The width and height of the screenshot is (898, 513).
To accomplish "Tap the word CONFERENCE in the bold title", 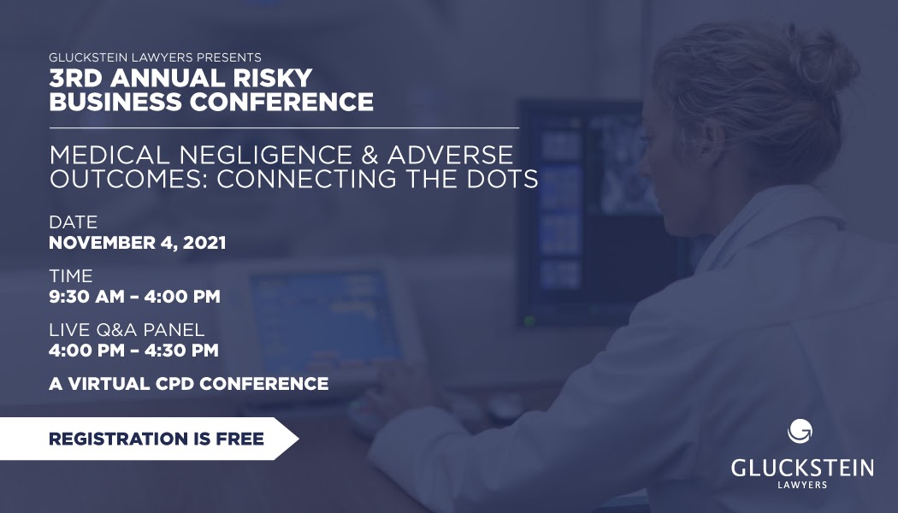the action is point(281,102).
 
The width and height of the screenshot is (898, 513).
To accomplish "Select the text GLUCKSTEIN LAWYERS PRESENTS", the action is point(155,57).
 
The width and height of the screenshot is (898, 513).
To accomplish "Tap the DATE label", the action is point(74,221).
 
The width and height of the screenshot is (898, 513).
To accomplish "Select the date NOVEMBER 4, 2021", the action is point(138,243).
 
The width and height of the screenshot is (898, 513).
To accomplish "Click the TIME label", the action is point(71,275).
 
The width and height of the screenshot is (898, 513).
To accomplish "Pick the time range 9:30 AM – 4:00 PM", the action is point(134,297).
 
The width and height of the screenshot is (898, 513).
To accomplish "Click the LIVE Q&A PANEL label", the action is point(127,330).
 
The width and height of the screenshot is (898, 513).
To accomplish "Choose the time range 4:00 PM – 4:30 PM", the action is point(134,351).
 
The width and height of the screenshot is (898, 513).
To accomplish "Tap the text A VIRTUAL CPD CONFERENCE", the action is point(189,384).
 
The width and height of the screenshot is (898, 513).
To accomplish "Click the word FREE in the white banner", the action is point(240,439).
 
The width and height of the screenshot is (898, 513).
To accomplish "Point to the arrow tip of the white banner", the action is point(298,439).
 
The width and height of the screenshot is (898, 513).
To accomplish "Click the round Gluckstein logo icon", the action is point(800,431).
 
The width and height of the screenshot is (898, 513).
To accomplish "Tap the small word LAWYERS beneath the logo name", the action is point(802,485).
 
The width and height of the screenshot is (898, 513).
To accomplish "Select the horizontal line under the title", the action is point(284,127).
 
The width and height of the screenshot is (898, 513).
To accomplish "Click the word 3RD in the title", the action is point(73,77).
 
